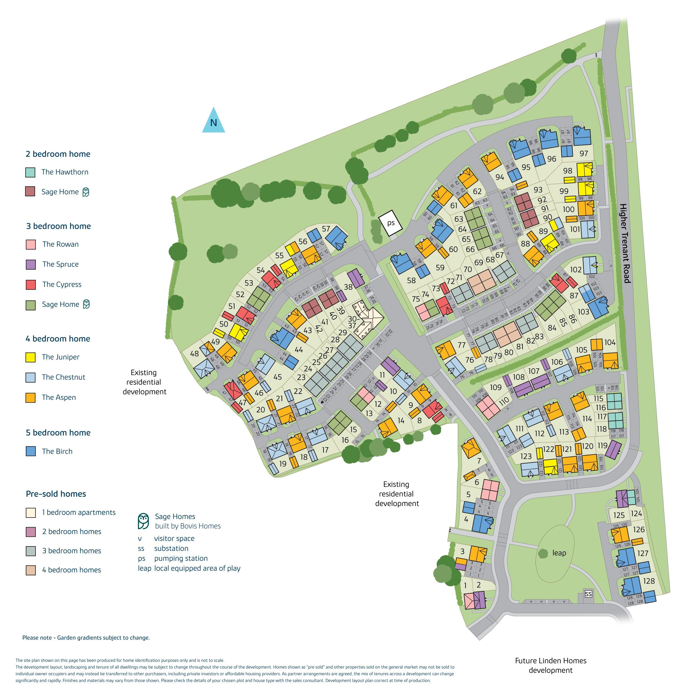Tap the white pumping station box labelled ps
point(390,223)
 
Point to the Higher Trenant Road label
point(625,243)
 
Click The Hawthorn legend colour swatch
point(30,172)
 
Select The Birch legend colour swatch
point(31,451)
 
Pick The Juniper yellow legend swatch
point(31,357)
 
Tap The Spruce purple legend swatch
point(31,265)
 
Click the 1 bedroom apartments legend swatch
point(31,513)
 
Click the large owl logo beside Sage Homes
point(144,521)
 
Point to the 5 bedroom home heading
point(58,433)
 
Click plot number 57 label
point(326,229)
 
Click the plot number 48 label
point(194,354)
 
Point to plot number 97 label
point(584,154)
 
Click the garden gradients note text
point(86,637)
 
